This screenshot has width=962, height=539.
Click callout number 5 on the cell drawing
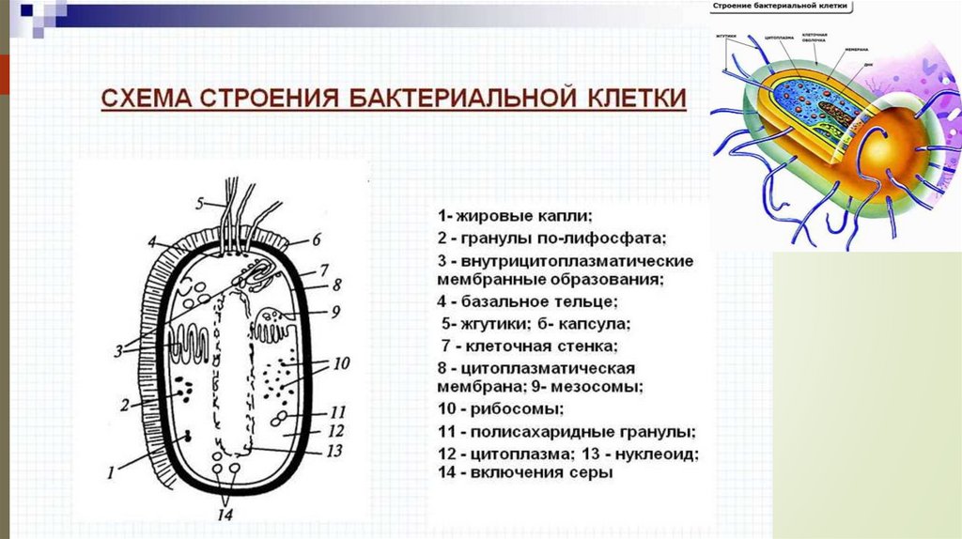tap(200, 203)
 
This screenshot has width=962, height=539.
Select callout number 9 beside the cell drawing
tap(334, 311)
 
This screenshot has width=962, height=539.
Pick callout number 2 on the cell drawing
tap(124, 405)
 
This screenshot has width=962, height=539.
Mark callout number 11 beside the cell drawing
tap(338, 411)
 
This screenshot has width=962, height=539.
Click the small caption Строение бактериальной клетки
tap(780, 8)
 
